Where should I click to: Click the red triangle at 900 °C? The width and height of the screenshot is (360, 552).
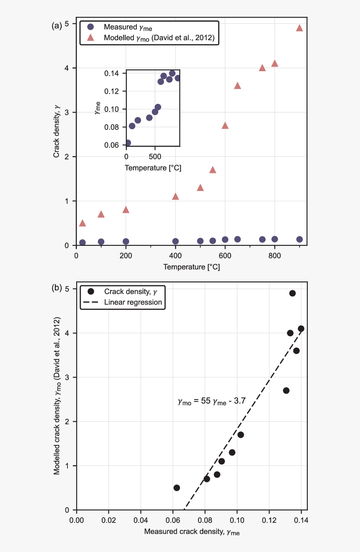click(299, 28)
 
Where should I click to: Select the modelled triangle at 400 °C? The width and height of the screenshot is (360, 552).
click(175, 196)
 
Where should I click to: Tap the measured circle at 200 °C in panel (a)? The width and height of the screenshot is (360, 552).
click(126, 241)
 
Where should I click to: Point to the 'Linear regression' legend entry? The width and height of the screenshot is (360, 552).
click(133, 302)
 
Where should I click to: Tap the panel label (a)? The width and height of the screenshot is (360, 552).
click(57, 26)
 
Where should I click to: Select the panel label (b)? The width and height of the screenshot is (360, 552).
click(57, 288)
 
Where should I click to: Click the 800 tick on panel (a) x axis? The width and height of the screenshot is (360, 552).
click(275, 256)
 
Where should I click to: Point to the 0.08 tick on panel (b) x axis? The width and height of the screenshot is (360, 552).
click(205, 521)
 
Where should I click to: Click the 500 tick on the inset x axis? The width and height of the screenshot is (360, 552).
click(155, 157)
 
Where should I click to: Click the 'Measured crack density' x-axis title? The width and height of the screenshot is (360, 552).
click(192, 532)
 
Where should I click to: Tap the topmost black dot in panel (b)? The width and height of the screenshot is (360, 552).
click(292, 293)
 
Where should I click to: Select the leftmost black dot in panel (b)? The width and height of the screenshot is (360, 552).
click(177, 488)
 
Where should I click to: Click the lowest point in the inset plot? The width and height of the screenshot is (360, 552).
click(128, 143)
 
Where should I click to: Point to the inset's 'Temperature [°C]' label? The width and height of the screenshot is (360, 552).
click(153, 168)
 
